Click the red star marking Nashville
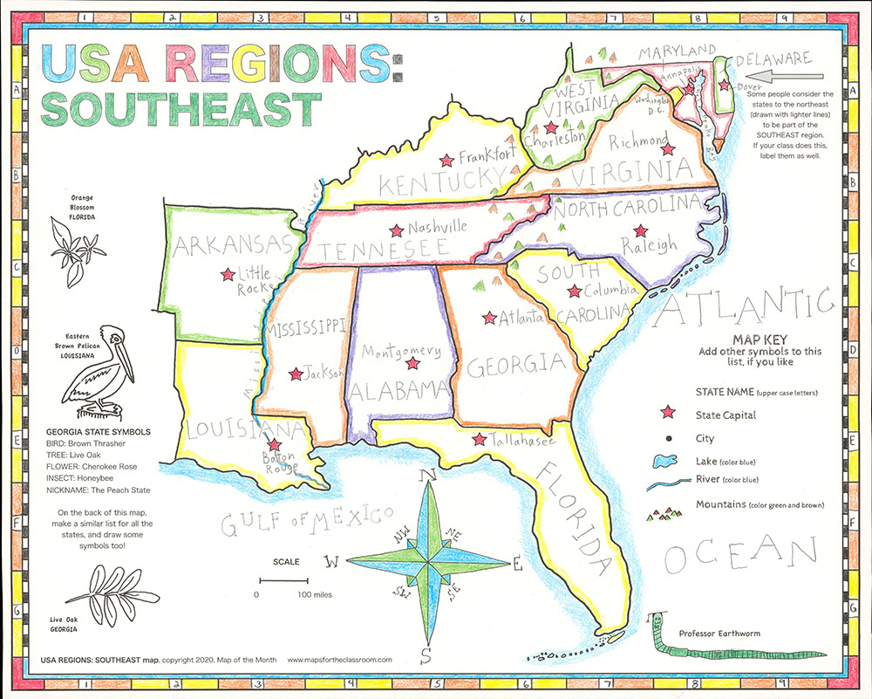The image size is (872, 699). point(397,230)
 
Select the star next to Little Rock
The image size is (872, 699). point(228,273)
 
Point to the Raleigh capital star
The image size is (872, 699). point(641,231)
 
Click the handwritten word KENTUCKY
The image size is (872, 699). point(425,184)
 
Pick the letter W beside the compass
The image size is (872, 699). point(331,561)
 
